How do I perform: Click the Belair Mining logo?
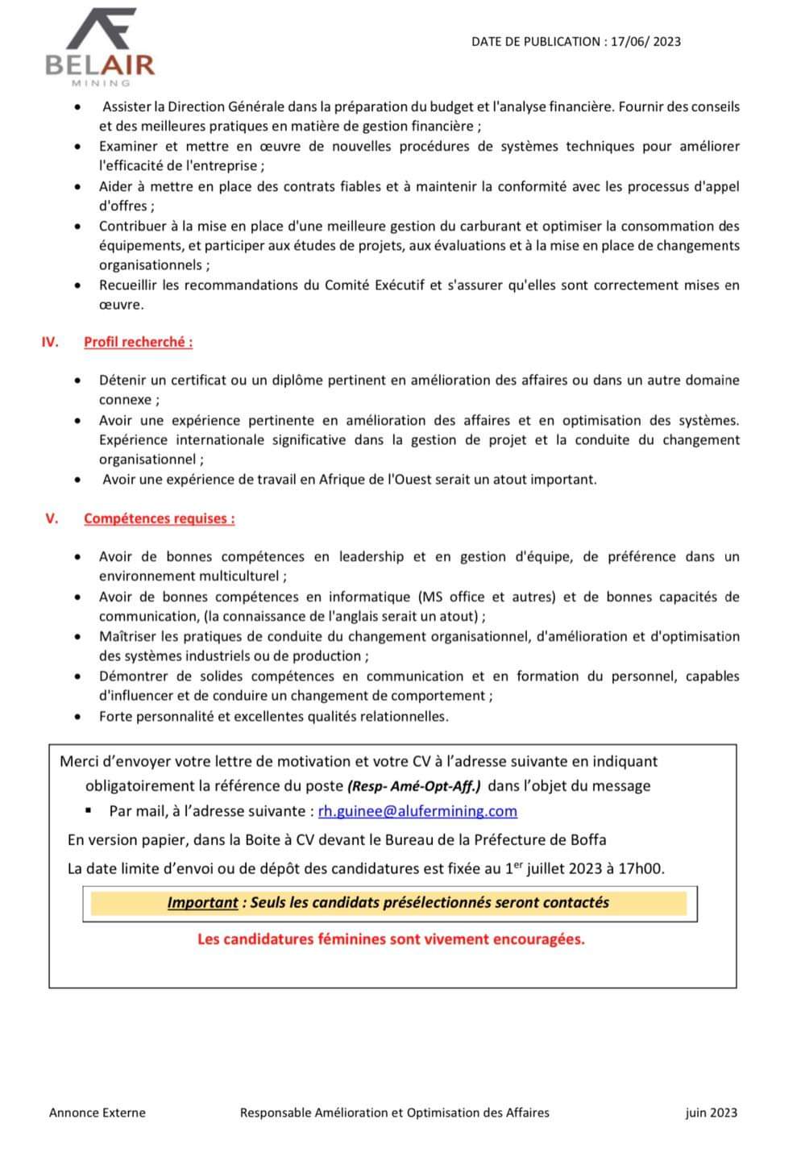coord(100,47)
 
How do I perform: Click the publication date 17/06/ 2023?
coord(645,42)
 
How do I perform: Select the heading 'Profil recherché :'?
coord(138,342)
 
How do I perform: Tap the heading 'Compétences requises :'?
coord(159,518)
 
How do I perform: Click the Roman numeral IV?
coord(50,342)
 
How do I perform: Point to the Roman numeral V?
coord(52,518)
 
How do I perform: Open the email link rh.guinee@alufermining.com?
coord(417,811)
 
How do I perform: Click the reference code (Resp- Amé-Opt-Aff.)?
coord(413,786)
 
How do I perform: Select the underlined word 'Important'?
coord(202,903)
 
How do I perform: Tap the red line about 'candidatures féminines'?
coord(391,939)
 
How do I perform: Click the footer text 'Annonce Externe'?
coord(98,1113)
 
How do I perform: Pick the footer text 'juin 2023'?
coord(711,1113)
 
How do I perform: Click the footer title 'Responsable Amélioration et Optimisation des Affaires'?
coord(395,1113)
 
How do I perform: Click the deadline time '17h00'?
coord(642,869)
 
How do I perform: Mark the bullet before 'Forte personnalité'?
coord(77,717)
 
